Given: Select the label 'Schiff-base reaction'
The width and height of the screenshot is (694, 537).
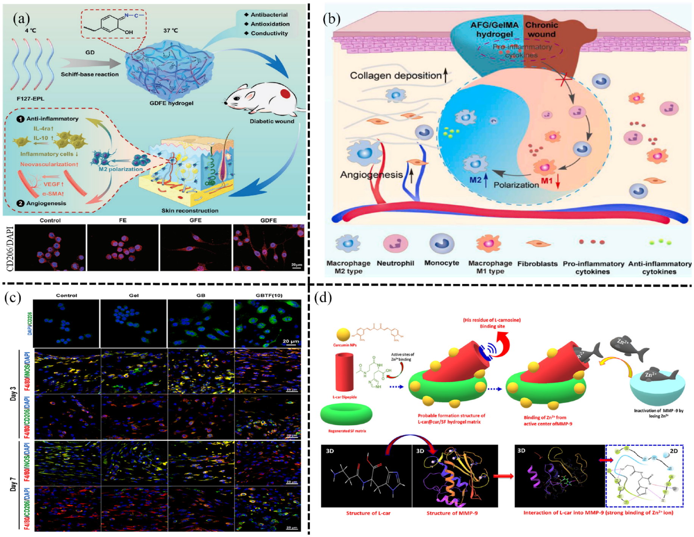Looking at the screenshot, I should pyautogui.click(x=90, y=74).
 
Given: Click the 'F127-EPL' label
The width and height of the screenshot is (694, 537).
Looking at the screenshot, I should pyautogui.click(x=30, y=98).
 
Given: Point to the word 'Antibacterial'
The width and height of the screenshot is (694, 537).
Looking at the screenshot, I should pyautogui.click(x=269, y=15).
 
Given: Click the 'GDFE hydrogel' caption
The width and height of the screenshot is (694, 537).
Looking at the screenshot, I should pyautogui.click(x=171, y=103).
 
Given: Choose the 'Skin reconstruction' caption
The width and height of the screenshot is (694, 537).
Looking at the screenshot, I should pyautogui.click(x=190, y=211).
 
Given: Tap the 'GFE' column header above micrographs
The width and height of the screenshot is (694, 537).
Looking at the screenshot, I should pyautogui.click(x=195, y=220).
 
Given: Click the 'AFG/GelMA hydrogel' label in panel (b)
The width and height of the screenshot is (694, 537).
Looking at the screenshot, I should pyautogui.click(x=495, y=30).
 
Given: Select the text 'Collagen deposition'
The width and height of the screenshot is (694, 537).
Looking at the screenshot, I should pyautogui.click(x=396, y=75).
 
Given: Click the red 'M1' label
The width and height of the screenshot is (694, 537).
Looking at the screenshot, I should pyautogui.click(x=546, y=181).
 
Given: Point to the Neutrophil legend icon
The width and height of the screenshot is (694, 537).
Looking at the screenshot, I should pyautogui.click(x=395, y=244).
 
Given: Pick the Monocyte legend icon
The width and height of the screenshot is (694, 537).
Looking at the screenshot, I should pyautogui.click(x=442, y=244).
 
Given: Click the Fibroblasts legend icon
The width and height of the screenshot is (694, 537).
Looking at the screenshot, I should pyautogui.click(x=537, y=244).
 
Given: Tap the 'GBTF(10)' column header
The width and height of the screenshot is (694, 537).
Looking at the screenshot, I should pyautogui.click(x=269, y=295).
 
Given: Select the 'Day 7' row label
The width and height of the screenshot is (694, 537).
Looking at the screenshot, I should pyautogui.click(x=13, y=485).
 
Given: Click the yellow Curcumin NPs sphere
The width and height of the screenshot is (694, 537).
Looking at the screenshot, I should pyautogui.click(x=343, y=335).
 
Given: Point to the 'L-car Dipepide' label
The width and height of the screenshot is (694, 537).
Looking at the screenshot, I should pyautogui.click(x=344, y=397).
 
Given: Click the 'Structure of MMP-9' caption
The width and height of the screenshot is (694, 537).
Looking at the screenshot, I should pyautogui.click(x=452, y=513).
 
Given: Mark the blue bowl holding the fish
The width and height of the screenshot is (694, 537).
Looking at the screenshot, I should pyautogui.click(x=657, y=392).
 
